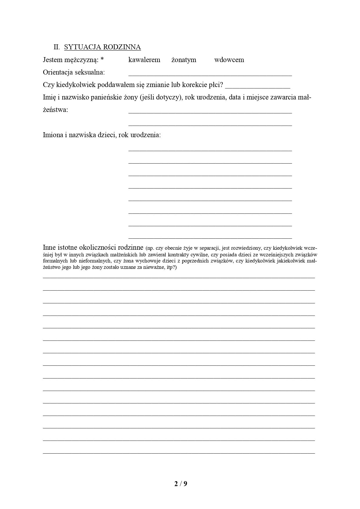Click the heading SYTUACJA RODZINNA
102,47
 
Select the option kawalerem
144,60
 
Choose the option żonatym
184,60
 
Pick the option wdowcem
229,60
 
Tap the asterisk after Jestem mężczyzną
102,59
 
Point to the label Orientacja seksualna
74,72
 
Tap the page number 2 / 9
181,484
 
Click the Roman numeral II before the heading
57,47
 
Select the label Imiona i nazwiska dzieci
102,135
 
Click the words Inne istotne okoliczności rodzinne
93,248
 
